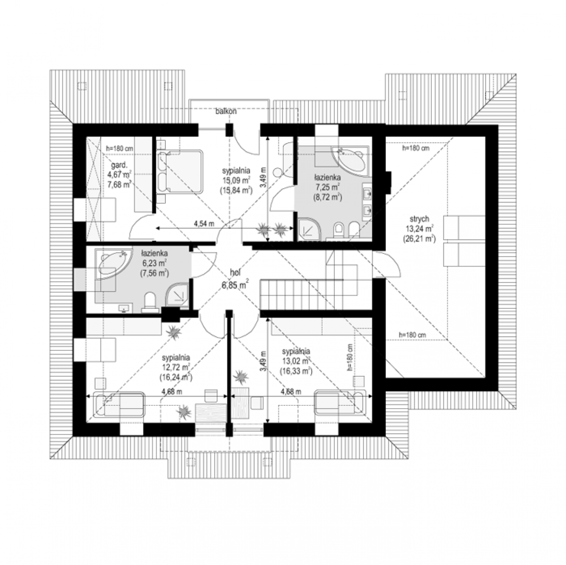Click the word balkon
(226, 112)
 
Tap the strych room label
(419, 219)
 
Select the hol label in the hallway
(235, 272)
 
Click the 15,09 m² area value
(236, 180)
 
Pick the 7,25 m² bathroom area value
(327, 187)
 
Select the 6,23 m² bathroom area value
(154, 263)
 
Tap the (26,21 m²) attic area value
(419, 239)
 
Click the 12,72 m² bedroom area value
(176, 367)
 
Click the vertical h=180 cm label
(350, 357)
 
